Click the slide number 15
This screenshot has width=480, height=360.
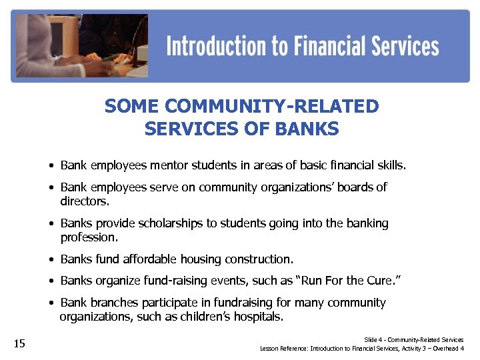tap(19, 344)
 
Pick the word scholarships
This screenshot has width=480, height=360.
tap(166, 223)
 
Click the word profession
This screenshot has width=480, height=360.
tap(88, 237)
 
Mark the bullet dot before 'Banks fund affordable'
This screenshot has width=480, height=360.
tap(51, 259)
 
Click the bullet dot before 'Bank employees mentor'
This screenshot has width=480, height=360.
tap(51, 165)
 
